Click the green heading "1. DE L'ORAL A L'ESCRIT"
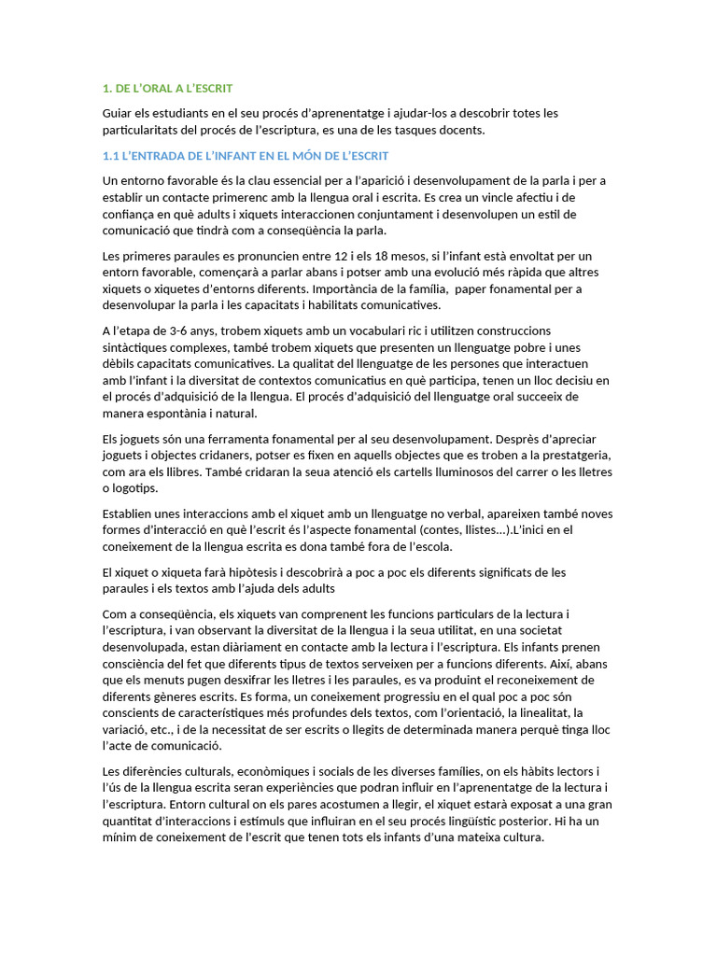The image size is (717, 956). pyautogui.click(x=167, y=88)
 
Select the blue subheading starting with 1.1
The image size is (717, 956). pyautogui.click(x=245, y=155)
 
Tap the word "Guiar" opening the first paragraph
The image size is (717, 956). pyautogui.click(x=119, y=113)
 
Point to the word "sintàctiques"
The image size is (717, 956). pyautogui.click(x=137, y=347)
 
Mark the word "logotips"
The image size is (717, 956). pyautogui.click(x=136, y=488)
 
